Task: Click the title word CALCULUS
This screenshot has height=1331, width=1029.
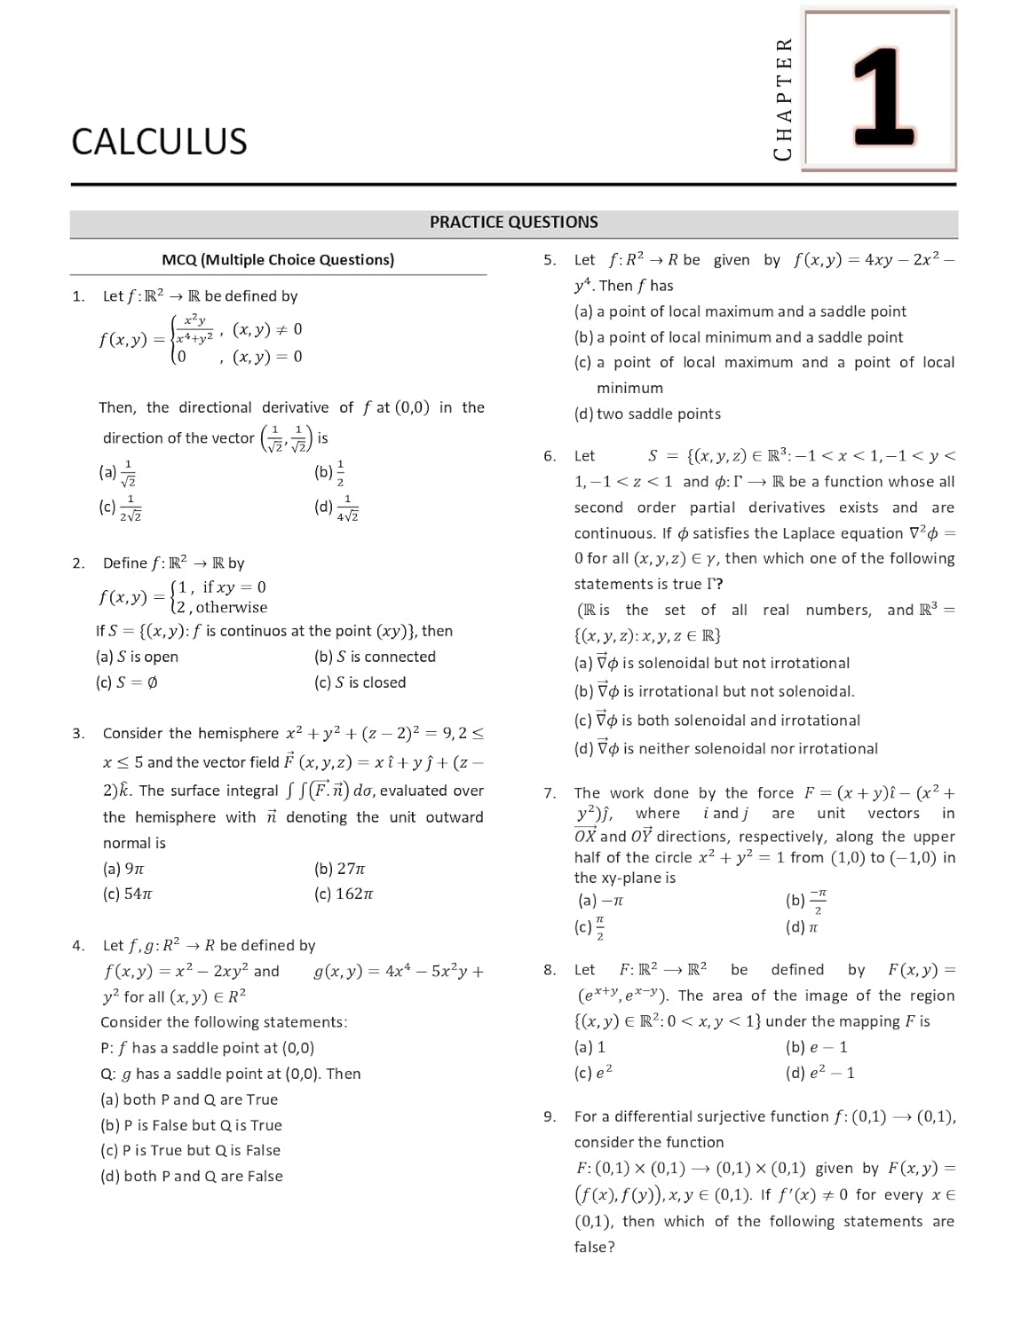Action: [159, 142]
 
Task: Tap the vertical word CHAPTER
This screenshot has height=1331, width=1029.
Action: [782, 98]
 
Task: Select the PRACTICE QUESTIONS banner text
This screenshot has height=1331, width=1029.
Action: [513, 223]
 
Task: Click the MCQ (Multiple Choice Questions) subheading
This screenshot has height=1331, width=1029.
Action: [278, 260]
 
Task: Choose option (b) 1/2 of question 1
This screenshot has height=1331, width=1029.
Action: [329, 472]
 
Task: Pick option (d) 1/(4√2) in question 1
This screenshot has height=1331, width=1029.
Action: [336, 508]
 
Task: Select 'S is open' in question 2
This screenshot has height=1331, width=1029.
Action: [138, 657]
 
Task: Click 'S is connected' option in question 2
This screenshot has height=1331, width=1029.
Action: [375, 657]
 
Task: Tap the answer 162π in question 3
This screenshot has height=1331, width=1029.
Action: [344, 894]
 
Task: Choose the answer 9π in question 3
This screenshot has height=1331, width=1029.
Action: [123, 869]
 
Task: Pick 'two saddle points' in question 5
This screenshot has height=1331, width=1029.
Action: [647, 413]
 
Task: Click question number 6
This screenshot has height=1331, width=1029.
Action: [550, 456]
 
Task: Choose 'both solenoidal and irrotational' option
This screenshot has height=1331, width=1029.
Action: [717, 721]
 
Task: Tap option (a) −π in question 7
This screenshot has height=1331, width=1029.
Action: [601, 901]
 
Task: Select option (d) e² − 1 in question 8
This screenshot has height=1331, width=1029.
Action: [820, 1073]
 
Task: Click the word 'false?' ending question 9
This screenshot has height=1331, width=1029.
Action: [594, 1247]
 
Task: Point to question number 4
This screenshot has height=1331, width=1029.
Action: [78, 946]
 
